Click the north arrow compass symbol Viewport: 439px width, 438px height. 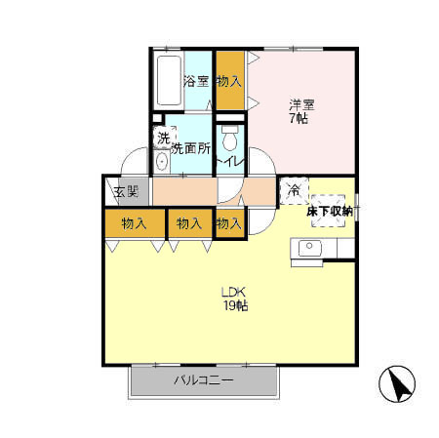click(x=397, y=384)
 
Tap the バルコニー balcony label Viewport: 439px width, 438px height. click(x=204, y=379)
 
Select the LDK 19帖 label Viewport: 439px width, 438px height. click(x=235, y=299)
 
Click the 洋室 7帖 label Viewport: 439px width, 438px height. click(x=301, y=111)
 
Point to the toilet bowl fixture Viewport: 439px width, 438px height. click(x=230, y=138)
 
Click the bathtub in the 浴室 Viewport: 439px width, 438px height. click(x=169, y=80)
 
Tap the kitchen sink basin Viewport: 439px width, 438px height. click(x=310, y=248)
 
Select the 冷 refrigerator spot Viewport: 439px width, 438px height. click(x=294, y=190)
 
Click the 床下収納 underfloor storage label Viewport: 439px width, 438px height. click(x=329, y=212)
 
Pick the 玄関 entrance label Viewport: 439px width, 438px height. click(x=126, y=191)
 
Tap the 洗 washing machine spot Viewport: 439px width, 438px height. click(x=165, y=139)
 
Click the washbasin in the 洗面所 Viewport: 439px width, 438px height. click(x=162, y=161)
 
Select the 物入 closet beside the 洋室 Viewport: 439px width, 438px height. click(x=230, y=80)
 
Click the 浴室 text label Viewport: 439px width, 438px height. click(x=196, y=81)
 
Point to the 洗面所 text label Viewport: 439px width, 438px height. click(x=191, y=148)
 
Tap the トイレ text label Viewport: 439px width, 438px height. click(x=230, y=162)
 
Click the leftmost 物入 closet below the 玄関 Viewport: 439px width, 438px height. click(x=135, y=223)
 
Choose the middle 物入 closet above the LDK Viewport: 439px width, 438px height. click(x=189, y=223)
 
